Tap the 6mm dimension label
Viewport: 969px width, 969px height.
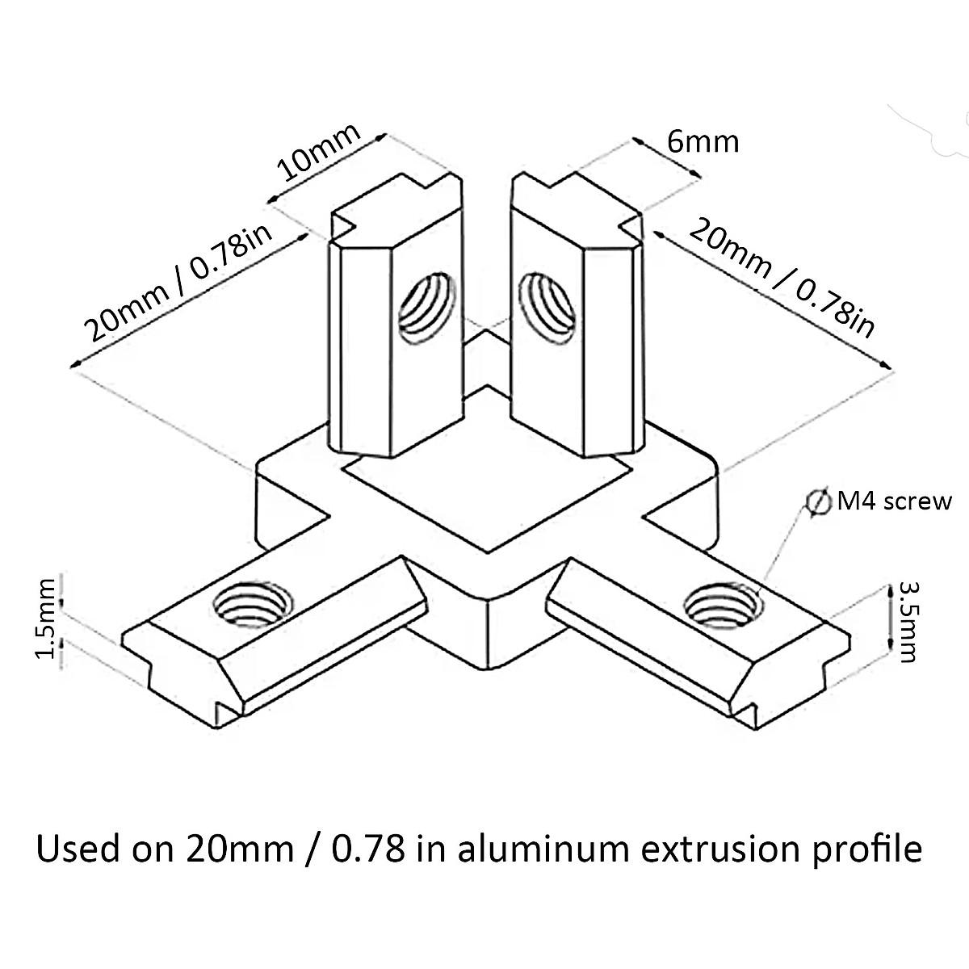pos(703,141)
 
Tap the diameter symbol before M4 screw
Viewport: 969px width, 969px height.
pos(818,501)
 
